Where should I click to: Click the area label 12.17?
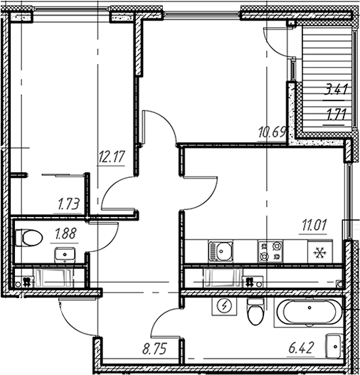pyautogui.click(x=112, y=157)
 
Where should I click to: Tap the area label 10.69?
pyautogui.click(x=272, y=132)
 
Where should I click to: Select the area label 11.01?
pyautogui.click(x=314, y=225)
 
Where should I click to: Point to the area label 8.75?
pyautogui.click(x=154, y=349)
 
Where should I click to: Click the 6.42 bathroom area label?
pyautogui.click(x=301, y=348)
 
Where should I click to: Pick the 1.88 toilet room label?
pyautogui.click(x=65, y=233)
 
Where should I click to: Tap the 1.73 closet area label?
pyautogui.click(x=68, y=205)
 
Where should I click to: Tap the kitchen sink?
pyautogui.click(x=221, y=251)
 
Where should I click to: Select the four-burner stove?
pyautogui.click(x=270, y=252)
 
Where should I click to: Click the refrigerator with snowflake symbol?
pyautogui.click(x=320, y=251)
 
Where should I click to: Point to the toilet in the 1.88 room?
pyautogui.click(x=29, y=238)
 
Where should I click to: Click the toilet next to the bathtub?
pyautogui.click(x=255, y=312)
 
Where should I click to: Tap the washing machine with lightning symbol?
pyautogui.click(x=224, y=306)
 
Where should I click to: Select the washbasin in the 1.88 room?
pyautogui.click(x=65, y=255)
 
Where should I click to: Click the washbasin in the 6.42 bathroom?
pyautogui.click(x=334, y=347)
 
